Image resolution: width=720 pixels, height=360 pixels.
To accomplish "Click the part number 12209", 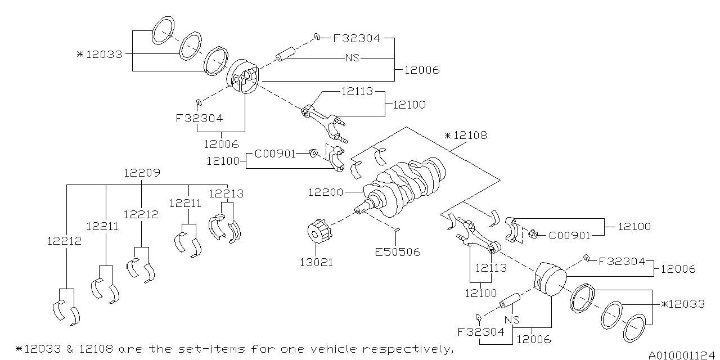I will [142, 173].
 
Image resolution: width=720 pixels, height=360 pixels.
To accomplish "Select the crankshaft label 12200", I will [326, 192].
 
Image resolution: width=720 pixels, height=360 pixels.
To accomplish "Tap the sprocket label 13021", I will [316, 262].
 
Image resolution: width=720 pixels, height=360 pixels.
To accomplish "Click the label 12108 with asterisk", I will [465, 136].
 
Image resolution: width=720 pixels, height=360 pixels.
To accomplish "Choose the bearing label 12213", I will [226, 193].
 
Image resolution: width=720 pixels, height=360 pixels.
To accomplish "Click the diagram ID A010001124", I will [681, 355].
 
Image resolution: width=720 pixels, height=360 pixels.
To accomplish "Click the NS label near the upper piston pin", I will [352, 58].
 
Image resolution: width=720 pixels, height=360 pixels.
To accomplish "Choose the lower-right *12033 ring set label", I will [683, 304].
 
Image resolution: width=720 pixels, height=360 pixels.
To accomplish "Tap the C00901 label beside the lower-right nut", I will [569, 235].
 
